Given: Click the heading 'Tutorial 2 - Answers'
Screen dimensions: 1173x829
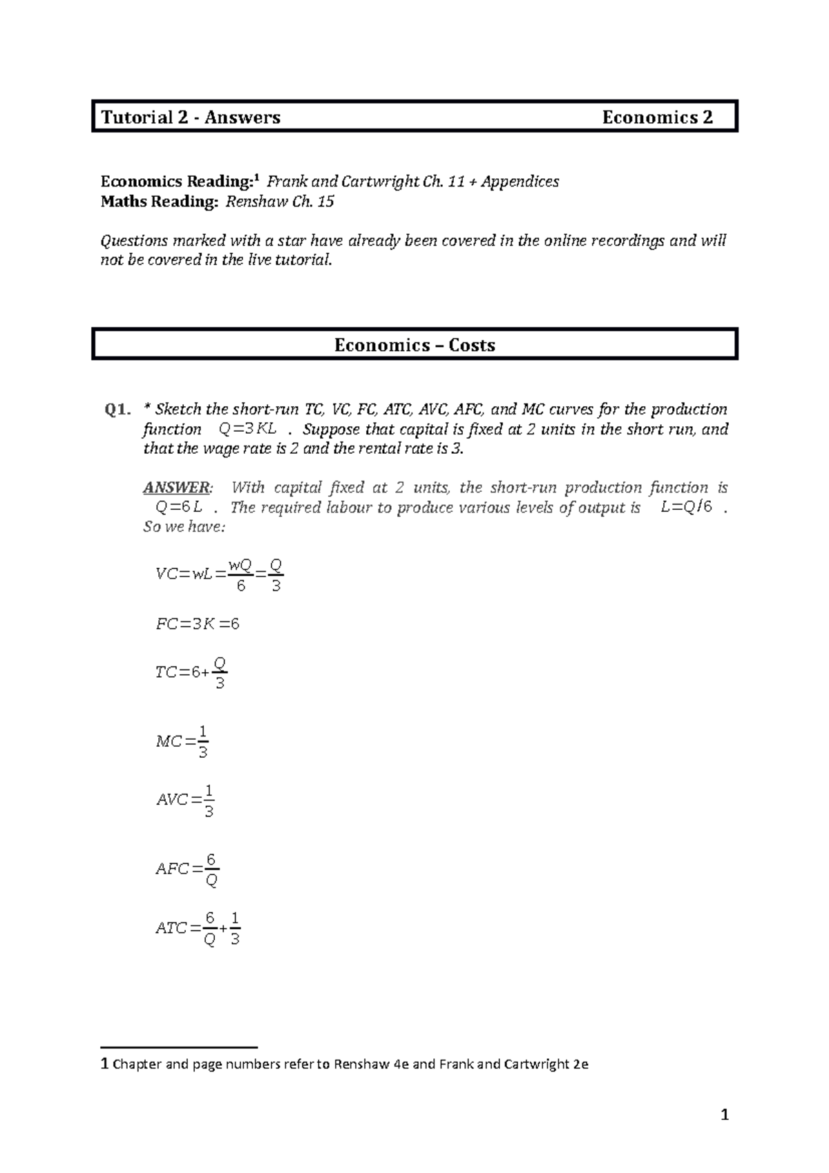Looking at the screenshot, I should click(191, 117).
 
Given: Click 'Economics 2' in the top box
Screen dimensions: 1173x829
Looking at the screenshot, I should click(657, 117).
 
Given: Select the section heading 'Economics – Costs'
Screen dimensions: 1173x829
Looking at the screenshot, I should click(414, 345).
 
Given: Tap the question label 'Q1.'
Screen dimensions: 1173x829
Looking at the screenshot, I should click(117, 410).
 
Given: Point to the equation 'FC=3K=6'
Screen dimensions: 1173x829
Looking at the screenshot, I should click(198, 624).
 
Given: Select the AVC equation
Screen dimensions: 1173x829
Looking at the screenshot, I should click(185, 800).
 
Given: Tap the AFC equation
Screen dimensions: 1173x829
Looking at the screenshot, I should click(187, 869).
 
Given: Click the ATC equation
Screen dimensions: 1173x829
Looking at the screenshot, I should click(198, 928).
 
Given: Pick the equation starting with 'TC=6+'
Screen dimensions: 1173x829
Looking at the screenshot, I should click(191, 672).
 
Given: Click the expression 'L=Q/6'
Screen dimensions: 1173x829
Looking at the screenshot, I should click(686, 508).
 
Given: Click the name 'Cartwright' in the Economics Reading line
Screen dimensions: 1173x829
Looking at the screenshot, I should click(383, 182).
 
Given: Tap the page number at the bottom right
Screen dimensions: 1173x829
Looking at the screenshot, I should click(725, 1114).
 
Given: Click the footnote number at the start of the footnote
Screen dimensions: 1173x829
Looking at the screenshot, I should click(104, 1064).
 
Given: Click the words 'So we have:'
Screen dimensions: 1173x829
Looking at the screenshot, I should click(184, 527).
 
